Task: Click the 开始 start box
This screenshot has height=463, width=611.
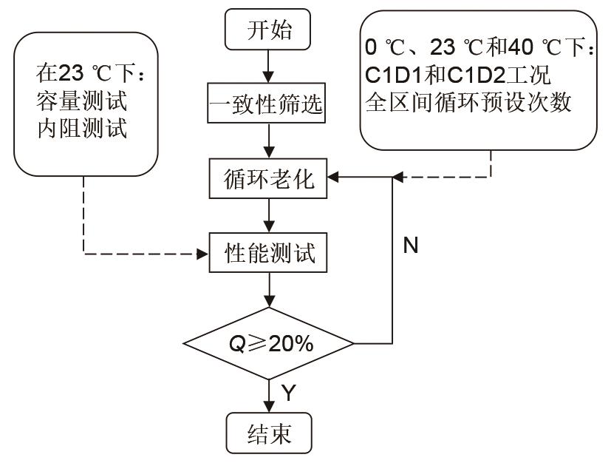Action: pos(269,31)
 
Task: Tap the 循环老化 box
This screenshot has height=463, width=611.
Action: pos(269,179)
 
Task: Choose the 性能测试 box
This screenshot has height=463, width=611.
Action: pos(269,253)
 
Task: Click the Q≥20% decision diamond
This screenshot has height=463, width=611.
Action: pos(269,344)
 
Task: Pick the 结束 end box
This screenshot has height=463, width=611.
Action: pos(269,432)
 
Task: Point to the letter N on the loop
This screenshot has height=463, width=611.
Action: pos(411,246)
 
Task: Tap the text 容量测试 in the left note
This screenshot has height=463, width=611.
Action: pos(81,100)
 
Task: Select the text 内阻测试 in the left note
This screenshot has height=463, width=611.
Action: pos(81,128)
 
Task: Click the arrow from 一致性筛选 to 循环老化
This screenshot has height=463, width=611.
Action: pos(269,142)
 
